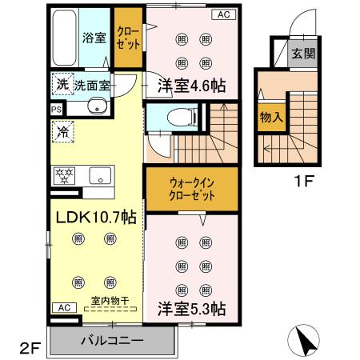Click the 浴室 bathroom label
94,38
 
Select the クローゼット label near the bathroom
126,38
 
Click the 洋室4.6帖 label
190,86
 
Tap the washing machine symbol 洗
62,84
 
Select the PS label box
56,110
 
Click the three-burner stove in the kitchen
64,175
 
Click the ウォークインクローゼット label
191,188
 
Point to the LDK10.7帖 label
94,217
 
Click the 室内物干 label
112,301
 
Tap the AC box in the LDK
63,307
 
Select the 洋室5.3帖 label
191,307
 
